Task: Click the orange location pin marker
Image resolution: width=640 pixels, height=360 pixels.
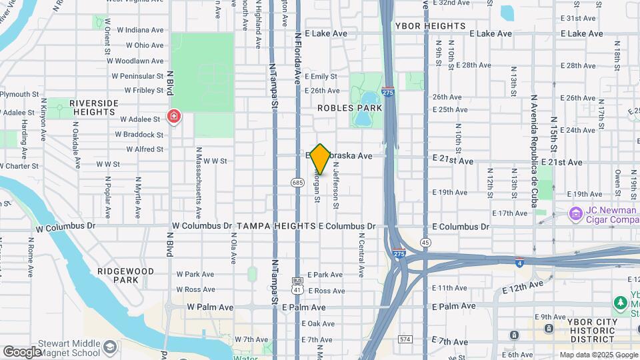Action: pos(320,159)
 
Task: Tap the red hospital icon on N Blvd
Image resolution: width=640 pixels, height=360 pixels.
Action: pos(174,118)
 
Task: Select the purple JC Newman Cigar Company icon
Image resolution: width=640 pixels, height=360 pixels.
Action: pos(575,213)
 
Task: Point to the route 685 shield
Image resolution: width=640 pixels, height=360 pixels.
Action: pos(297,182)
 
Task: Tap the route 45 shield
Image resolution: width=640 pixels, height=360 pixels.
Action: pos(425,242)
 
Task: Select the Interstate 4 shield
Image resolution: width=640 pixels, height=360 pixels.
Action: pos(519,261)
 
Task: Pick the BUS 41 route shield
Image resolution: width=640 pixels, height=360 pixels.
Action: pos(297,285)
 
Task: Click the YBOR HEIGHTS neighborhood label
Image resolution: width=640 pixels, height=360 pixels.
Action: pos(430,26)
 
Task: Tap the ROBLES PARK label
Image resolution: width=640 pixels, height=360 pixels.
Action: pos(349,107)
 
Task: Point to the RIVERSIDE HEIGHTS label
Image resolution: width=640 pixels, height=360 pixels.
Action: pos(93,107)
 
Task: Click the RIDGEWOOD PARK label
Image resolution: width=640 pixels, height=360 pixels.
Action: pos(125,275)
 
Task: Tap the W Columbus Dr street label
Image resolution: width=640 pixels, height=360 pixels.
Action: pos(201,227)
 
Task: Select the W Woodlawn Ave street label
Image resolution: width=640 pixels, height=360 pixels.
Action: pos(139,61)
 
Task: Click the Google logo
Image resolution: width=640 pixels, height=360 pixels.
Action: pos(22,351)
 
